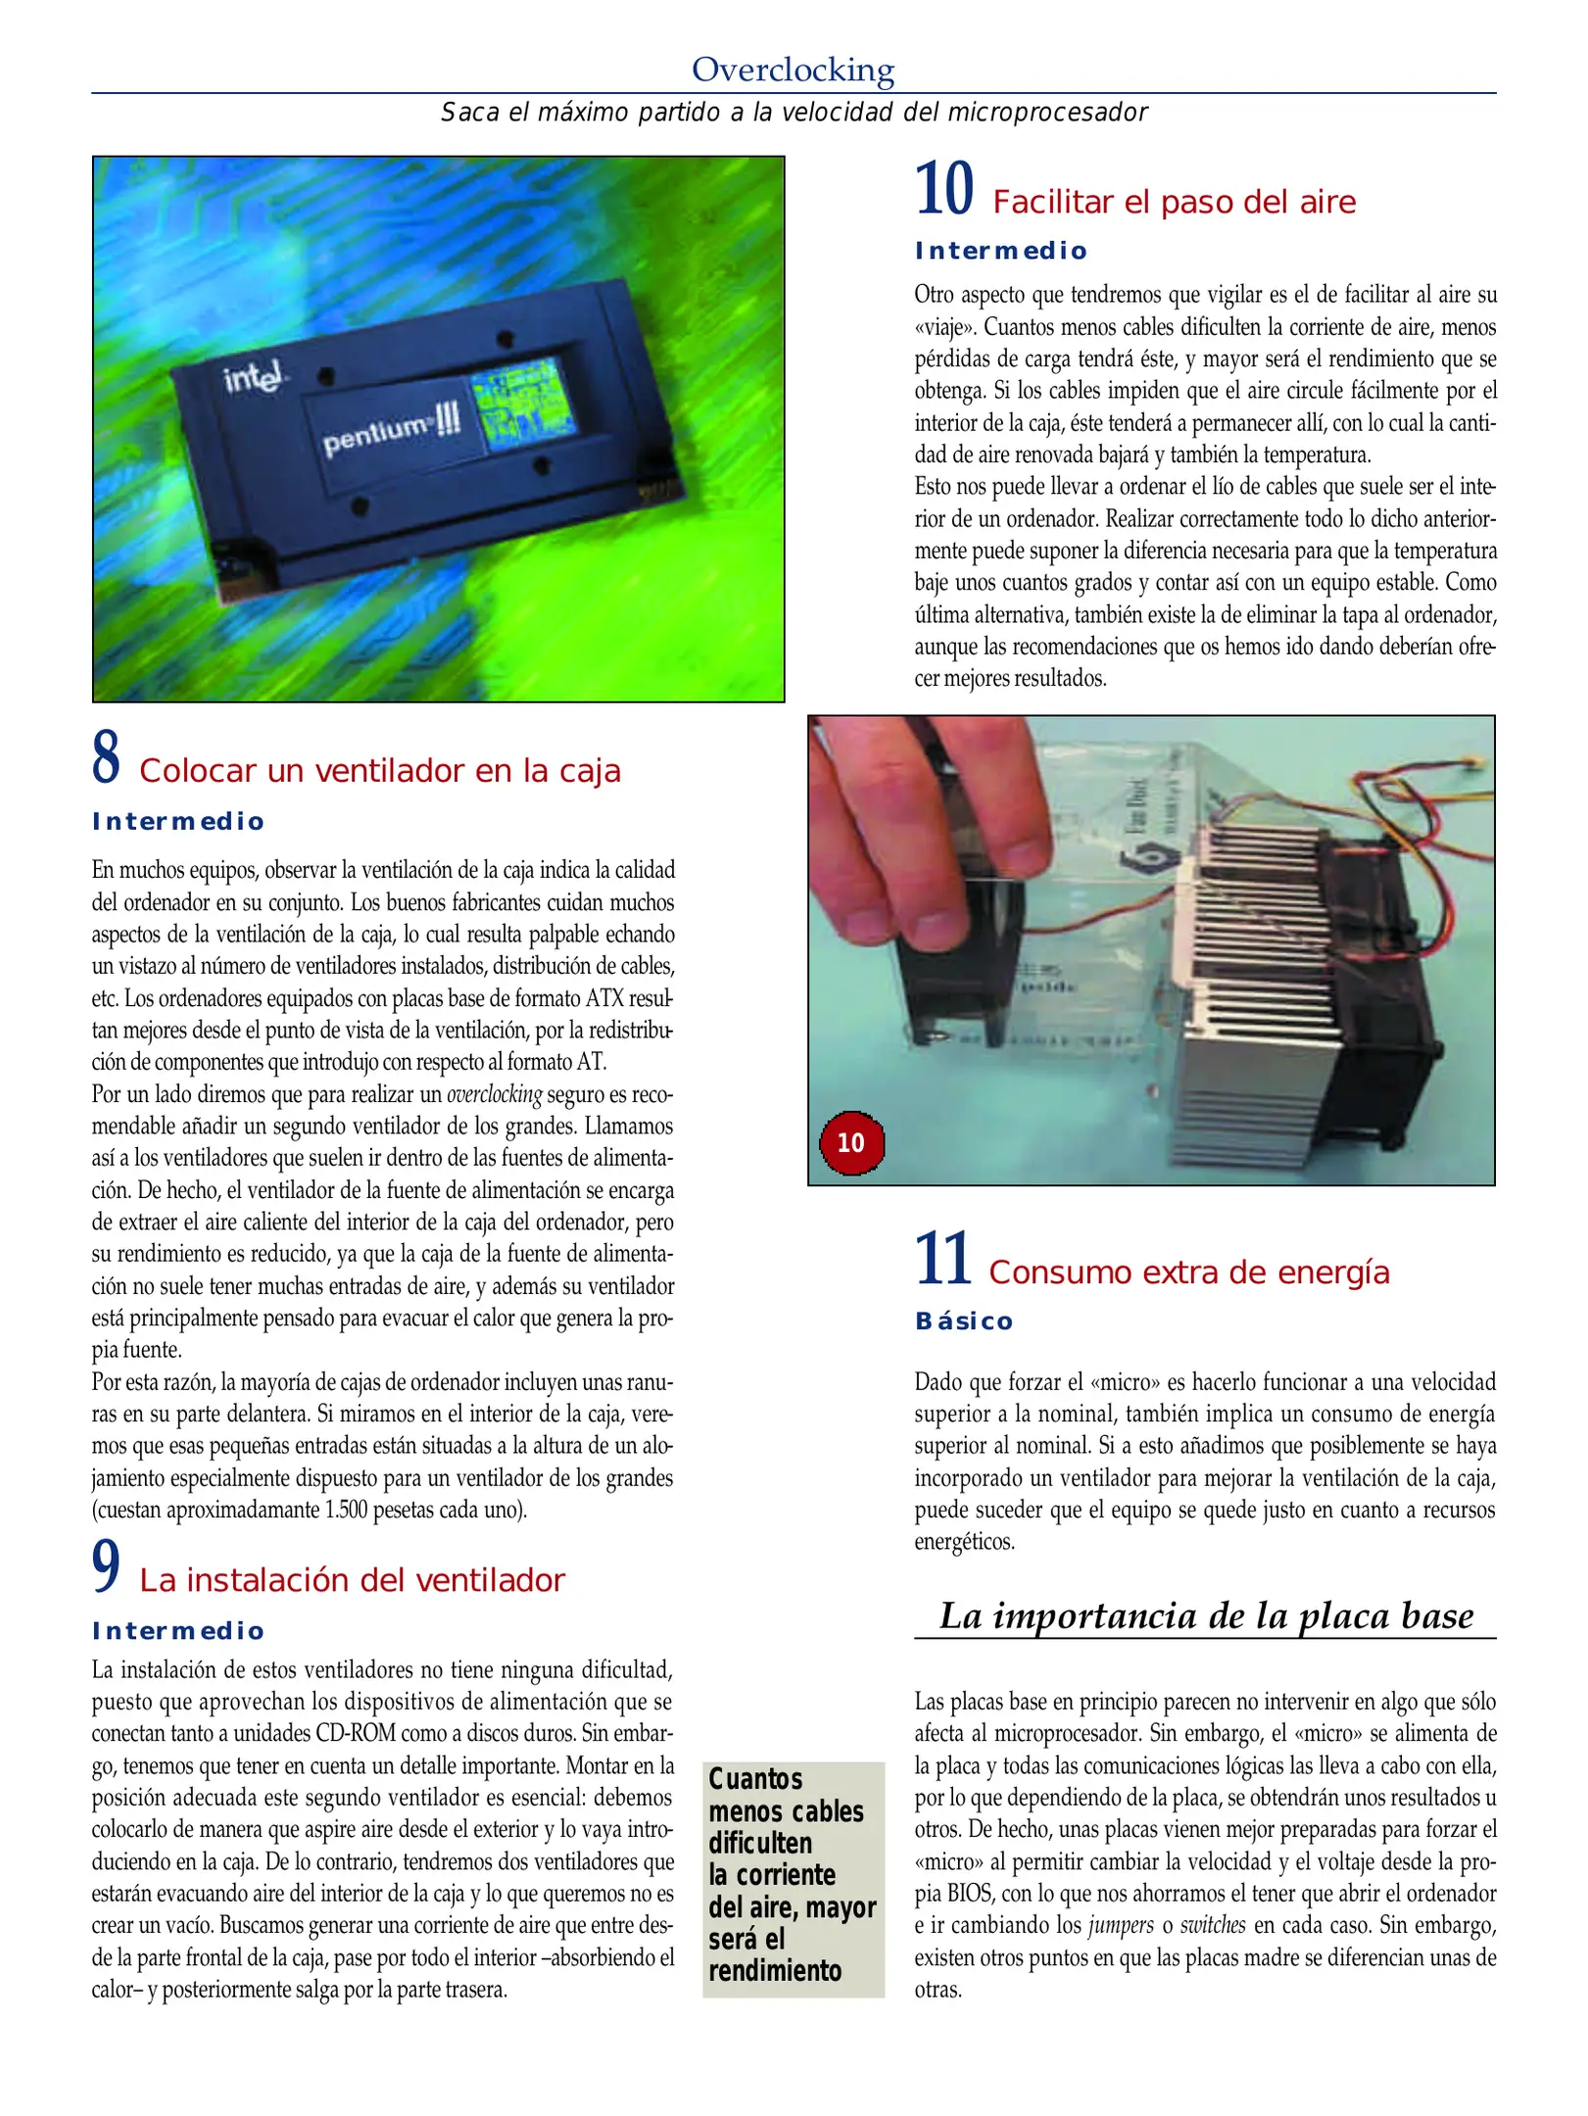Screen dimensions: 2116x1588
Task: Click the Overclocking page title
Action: click(793, 70)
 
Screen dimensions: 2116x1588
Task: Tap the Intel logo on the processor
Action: click(253, 376)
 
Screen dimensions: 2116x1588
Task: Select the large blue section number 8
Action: click(106, 757)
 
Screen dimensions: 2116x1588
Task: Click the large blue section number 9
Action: click(106, 1566)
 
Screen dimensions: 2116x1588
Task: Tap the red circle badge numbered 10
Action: click(851, 1142)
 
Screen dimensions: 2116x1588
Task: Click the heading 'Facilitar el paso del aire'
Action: click(1174, 202)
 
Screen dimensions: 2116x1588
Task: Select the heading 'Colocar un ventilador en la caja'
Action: click(379, 771)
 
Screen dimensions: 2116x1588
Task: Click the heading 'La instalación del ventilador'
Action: click(352, 1580)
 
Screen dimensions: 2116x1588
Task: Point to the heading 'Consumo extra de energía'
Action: click(1188, 1272)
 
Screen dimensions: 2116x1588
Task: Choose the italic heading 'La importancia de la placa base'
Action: click(1206, 1615)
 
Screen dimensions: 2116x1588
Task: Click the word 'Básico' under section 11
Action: click(964, 1322)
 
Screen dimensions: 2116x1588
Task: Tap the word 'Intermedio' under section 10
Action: click(1000, 251)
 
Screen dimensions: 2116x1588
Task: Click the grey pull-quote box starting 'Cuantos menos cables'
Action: click(793, 1879)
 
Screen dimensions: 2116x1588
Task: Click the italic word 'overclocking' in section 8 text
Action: click(494, 1094)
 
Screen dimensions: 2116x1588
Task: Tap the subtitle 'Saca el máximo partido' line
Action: click(794, 113)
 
